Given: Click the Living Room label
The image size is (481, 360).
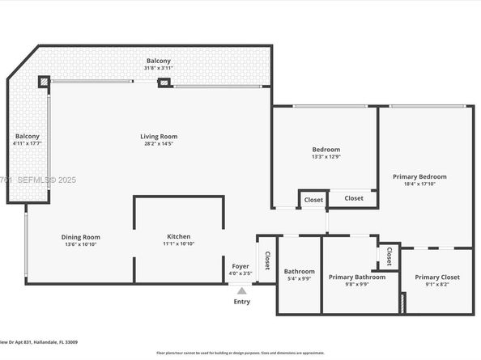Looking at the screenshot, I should [159, 136].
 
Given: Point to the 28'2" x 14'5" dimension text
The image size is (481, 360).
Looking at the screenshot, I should [159, 144].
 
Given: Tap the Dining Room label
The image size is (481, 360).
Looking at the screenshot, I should [80, 237].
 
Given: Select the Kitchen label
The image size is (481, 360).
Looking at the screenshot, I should [179, 236].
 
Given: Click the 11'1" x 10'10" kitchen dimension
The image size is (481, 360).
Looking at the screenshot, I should [179, 244].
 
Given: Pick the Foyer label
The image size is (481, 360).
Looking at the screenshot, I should [240, 266].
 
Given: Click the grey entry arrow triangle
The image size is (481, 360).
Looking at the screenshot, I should [241, 290].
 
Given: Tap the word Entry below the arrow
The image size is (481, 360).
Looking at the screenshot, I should [241, 302].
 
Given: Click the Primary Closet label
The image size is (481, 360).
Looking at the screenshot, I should [437, 277].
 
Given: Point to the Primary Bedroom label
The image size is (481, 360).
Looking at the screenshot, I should [419, 176].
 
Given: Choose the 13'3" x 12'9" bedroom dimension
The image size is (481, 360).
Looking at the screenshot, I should [326, 157].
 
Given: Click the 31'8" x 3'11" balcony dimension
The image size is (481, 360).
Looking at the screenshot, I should [158, 69].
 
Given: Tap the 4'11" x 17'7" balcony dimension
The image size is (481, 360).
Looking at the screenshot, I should [27, 144].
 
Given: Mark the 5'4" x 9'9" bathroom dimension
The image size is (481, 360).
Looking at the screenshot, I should [298, 279].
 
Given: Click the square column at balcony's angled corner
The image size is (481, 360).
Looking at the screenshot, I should [44, 82].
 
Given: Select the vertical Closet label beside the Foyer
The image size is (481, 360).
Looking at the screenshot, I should [267, 260].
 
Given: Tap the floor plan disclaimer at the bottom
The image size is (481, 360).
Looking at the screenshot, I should [240, 353].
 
